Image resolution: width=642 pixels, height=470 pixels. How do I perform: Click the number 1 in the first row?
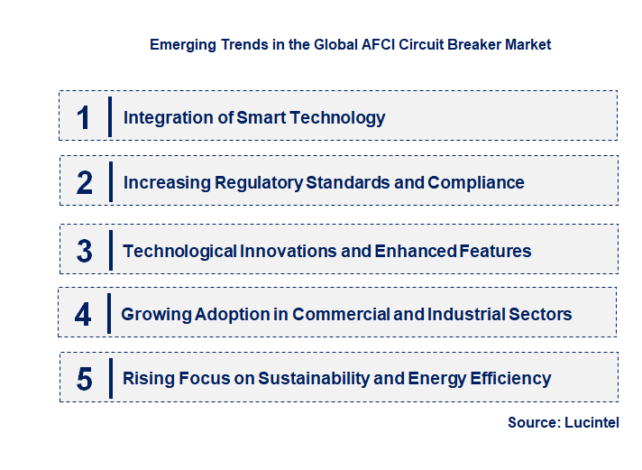[84, 117]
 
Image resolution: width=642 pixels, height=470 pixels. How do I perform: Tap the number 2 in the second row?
[85, 183]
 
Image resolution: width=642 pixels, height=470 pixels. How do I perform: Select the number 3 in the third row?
[85, 252]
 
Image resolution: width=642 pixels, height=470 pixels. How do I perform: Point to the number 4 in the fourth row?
[83, 315]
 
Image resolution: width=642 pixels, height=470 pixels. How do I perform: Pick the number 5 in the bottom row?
[85, 379]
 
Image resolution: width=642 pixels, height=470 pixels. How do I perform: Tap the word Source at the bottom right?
[533, 422]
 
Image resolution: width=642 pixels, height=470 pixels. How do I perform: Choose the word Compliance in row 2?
[476, 182]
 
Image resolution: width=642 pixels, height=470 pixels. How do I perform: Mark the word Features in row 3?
[494, 251]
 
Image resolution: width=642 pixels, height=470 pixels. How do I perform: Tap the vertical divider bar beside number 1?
[110, 117]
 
